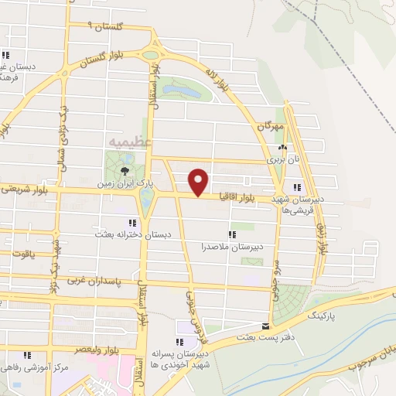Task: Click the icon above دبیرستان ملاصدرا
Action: click(231, 234)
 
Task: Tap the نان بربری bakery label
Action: click(283, 159)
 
